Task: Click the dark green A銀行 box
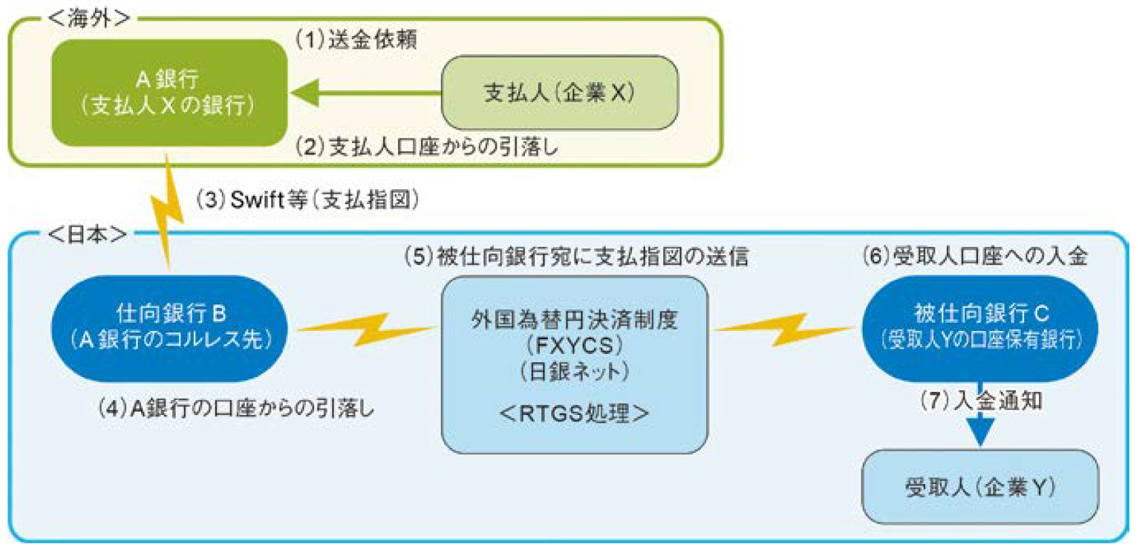point(169,93)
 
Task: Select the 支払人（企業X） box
point(559,93)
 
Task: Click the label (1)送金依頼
point(356,39)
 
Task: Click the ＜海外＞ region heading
point(89,18)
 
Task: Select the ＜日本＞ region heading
point(87,235)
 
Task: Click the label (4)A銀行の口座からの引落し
point(236,408)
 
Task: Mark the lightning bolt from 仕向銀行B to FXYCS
point(366,329)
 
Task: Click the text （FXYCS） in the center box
point(574,346)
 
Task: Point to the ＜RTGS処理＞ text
point(574,413)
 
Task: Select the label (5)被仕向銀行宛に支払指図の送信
point(576,256)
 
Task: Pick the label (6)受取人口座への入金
point(975,256)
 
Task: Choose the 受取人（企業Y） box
point(980,487)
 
